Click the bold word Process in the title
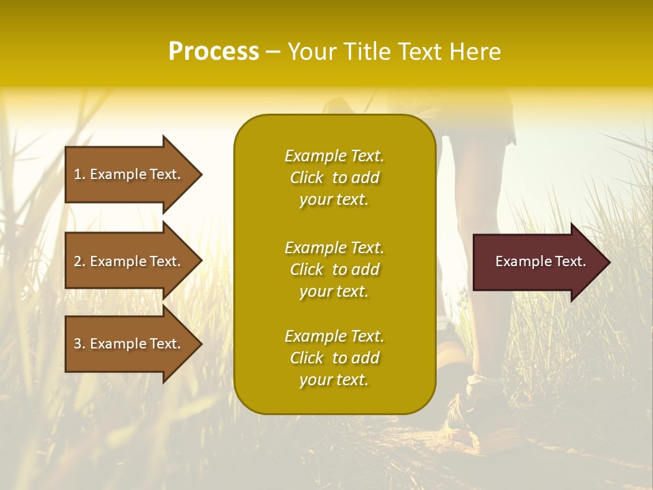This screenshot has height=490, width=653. click(x=214, y=52)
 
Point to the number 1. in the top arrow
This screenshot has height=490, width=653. click(x=80, y=174)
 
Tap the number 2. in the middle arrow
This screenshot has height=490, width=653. click(x=80, y=261)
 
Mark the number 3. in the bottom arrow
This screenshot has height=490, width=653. click(x=80, y=344)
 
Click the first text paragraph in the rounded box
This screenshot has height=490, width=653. click(x=334, y=178)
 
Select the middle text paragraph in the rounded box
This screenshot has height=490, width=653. click(x=334, y=269)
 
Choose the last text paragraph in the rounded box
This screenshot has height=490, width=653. click(x=334, y=358)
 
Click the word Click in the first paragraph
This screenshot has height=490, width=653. click(x=306, y=178)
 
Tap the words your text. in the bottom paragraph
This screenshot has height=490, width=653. click(x=334, y=380)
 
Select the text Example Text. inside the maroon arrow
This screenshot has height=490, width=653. click(x=540, y=261)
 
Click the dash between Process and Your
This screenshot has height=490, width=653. click(x=273, y=52)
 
